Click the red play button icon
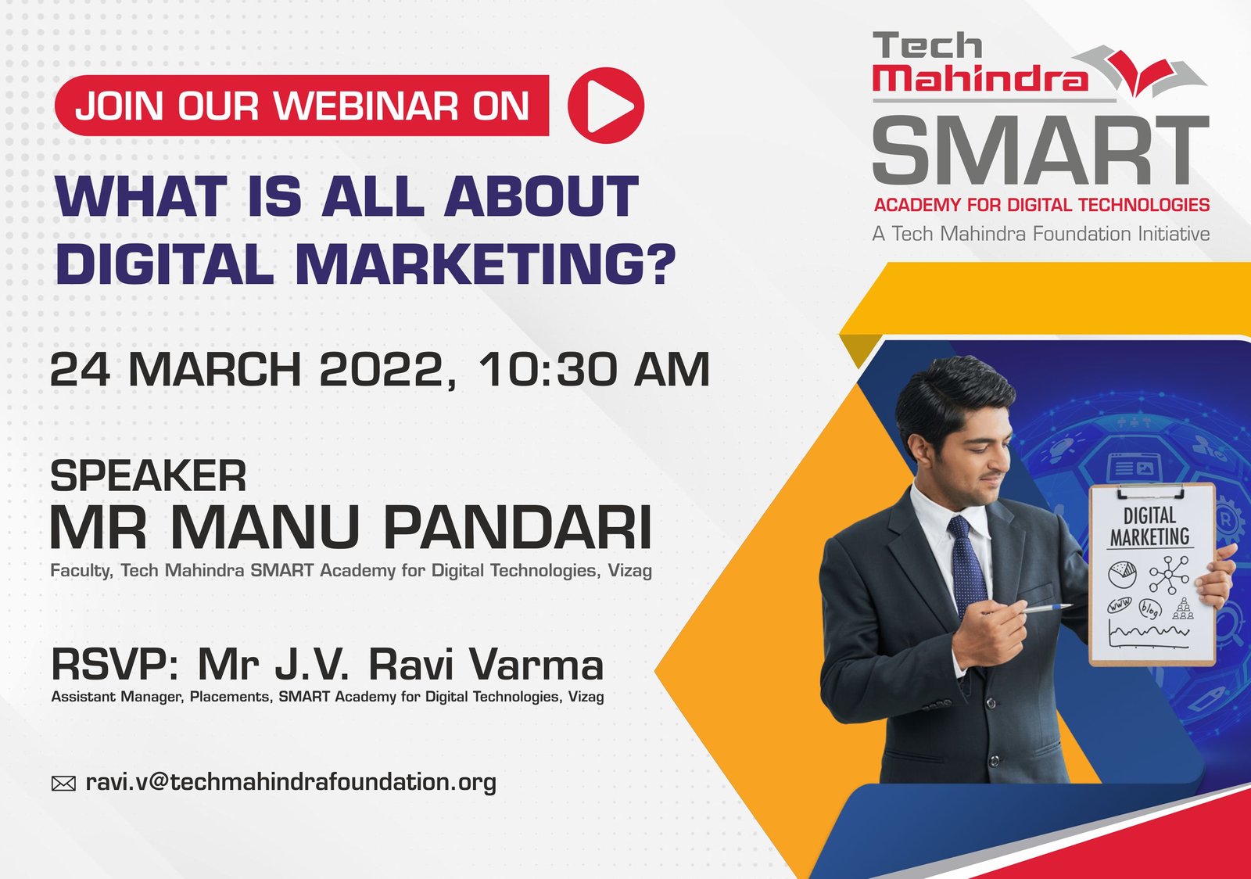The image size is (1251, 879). (606, 105)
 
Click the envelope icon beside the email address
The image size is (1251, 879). (63, 784)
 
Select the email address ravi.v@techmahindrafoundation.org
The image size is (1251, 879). (291, 782)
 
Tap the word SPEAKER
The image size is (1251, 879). (148, 475)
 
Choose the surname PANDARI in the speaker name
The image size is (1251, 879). (518, 528)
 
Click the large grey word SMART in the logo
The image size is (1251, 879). (1041, 150)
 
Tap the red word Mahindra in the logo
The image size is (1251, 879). (980, 79)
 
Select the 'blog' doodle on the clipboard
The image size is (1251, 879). (1150, 608)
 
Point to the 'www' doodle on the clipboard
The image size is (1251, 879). (1119, 605)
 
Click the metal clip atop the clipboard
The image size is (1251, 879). (1151, 491)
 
